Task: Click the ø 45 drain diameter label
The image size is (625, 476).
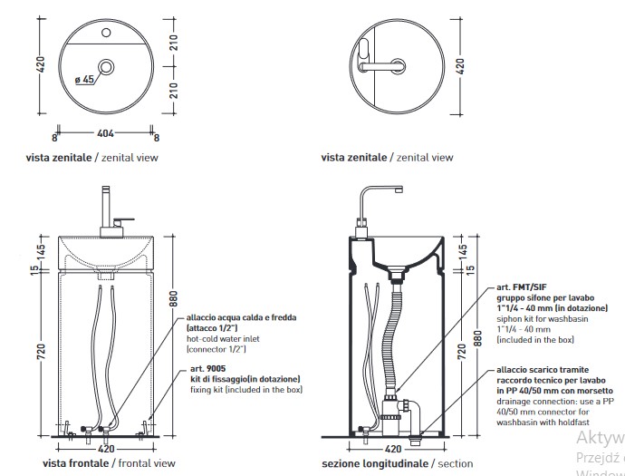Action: tap(84, 79)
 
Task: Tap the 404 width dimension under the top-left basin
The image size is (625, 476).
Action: tap(105, 133)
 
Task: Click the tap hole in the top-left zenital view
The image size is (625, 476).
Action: tap(107, 35)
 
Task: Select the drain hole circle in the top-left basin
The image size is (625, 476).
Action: tap(107, 67)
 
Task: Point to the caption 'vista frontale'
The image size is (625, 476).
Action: tap(75, 463)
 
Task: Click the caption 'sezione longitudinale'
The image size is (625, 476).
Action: tap(375, 463)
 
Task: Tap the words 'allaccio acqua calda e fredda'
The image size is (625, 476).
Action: tap(242, 318)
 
